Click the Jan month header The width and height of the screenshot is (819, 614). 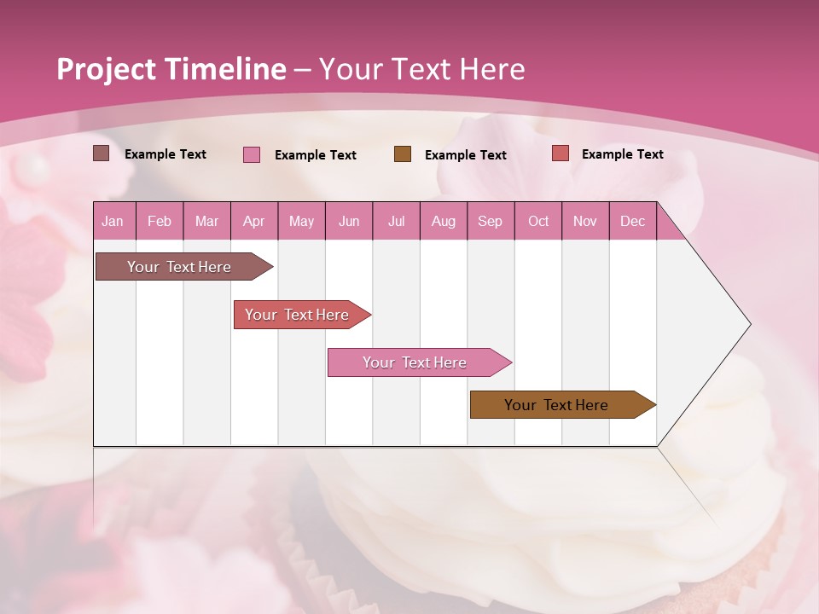pyautogui.click(x=113, y=221)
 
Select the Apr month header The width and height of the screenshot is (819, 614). pyautogui.click(x=253, y=221)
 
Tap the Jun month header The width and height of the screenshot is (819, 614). pyautogui.click(x=349, y=221)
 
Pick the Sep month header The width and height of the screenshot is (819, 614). pyautogui.click(x=490, y=221)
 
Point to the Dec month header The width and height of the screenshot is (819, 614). pyautogui.click(x=632, y=221)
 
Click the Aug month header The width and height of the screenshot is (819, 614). pyautogui.click(x=443, y=221)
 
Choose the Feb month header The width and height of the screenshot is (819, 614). pyautogui.click(x=160, y=221)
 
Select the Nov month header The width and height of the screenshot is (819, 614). pyautogui.click(x=585, y=221)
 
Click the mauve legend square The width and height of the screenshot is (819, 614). pyautogui.click(x=102, y=153)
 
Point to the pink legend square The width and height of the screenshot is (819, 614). pyautogui.click(x=252, y=154)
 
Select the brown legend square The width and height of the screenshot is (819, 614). pyautogui.click(x=403, y=153)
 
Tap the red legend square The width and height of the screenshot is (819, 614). pyautogui.click(x=561, y=153)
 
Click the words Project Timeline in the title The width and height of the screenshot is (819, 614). pyautogui.click(x=171, y=69)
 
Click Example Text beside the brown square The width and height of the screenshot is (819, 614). pyautogui.click(x=466, y=154)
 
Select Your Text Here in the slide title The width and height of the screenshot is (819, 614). pyautogui.click(x=421, y=69)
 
